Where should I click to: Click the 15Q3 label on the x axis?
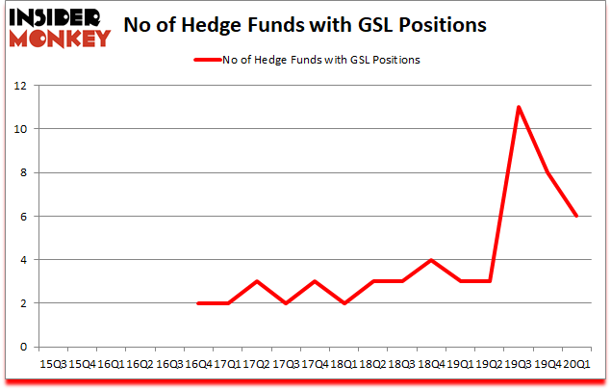tap(52, 364)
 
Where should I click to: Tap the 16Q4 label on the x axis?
tap(197, 364)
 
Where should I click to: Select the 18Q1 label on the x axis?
tap(344, 364)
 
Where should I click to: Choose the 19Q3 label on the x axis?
tap(520, 364)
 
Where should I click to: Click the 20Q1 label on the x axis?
tap(577, 364)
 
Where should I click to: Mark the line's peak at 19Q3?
tap(519, 107)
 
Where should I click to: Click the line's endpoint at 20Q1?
tap(577, 216)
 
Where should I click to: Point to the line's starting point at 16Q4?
tap(198, 302)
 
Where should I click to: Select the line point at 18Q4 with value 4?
tap(432, 260)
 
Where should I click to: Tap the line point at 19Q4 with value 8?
tap(548, 172)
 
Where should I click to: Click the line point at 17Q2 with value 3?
tap(257, 281)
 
